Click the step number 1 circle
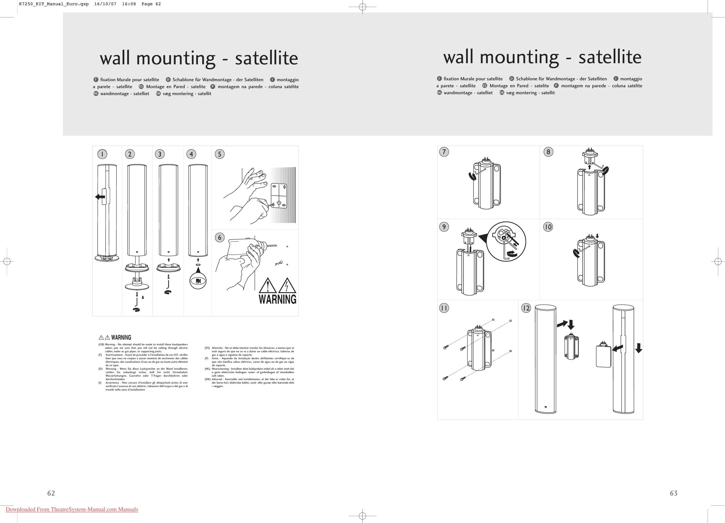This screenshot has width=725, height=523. (102, 154)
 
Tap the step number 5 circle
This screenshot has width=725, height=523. (220, 154)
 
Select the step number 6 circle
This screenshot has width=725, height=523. (220, 237)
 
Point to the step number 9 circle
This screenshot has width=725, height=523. (444, 227)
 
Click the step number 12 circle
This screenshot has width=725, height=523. (526, 308)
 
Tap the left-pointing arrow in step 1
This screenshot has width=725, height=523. (100, 197)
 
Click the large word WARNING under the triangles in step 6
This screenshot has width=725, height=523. (277, 299)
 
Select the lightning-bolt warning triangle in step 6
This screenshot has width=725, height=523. (287, 286)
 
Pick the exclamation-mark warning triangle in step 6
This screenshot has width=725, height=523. (268, 286)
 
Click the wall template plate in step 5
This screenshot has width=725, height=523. (279, 196)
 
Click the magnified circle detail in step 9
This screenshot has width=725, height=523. (506, 242)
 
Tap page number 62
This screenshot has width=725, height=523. (51, 493)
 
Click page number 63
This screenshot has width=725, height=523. (673, 493)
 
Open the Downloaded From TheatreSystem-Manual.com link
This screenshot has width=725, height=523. (72, 509)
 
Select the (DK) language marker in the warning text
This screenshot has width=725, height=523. (208, 379)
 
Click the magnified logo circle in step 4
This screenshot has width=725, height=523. (198, 281)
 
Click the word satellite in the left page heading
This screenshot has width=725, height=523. (266, 58)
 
